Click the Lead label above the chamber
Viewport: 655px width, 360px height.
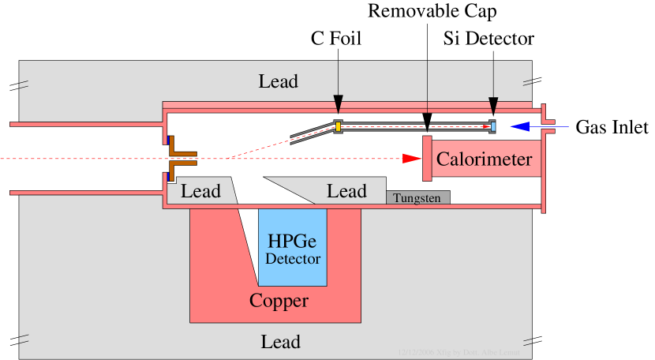pos(279,81)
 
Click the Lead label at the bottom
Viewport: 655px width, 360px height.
pos(280,342)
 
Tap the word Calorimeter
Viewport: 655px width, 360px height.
pos(484,159)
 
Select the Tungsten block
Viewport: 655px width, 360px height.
pos(417,198)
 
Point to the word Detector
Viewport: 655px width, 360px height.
pos(293,259)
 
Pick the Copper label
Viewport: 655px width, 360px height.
pos(279,301)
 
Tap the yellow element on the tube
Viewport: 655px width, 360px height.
pos(338,126)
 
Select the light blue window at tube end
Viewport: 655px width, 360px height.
pos(493,126)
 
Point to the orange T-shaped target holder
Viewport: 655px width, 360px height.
pos(182,159)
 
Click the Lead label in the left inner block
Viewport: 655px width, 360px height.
pos(200,191)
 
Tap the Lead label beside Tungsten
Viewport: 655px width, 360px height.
pos(346,191)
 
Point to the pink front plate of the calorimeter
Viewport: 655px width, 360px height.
pos(427,158)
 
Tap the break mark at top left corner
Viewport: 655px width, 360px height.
pos(24,84)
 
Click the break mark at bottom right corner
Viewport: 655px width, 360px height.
pos(525,339)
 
